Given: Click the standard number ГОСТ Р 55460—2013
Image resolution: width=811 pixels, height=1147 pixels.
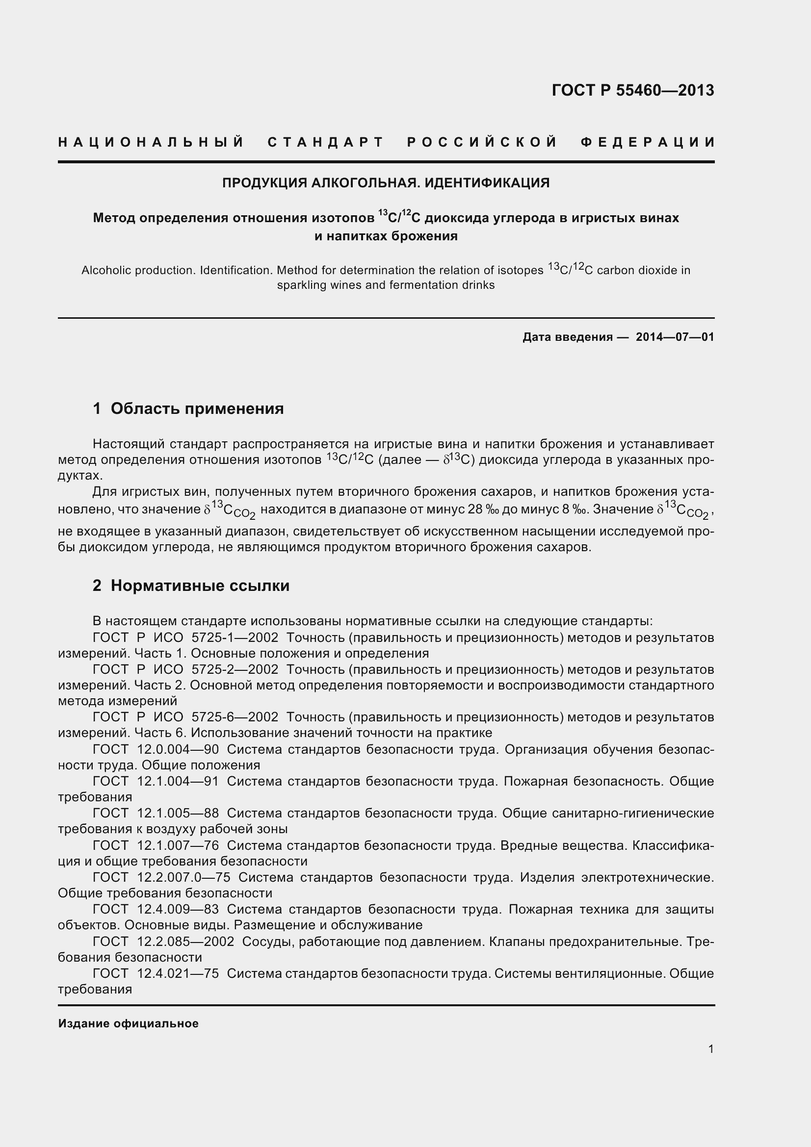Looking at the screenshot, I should click(632, 90).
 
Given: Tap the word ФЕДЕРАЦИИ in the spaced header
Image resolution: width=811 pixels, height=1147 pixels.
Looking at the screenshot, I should click(648, 142).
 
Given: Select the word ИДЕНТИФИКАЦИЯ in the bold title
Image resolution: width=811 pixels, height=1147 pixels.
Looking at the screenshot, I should click(487, 183).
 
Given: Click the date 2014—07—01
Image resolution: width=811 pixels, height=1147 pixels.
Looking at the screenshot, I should click(675, 337).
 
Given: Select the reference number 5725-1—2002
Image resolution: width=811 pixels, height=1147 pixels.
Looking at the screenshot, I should click(235, 638).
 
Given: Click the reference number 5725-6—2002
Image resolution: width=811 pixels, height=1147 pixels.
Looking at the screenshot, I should click(235, 717).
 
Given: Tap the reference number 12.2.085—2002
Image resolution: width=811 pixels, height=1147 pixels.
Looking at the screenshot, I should click(185, 942).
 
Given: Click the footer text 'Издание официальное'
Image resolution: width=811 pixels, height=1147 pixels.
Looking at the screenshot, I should click(129, 1023).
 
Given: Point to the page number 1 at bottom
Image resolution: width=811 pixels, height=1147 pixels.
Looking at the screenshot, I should click(710, 1049).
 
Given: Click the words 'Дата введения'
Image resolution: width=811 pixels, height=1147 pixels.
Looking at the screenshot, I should click(568, 337).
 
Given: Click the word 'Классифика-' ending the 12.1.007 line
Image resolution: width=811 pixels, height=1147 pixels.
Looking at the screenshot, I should click(673, 845).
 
